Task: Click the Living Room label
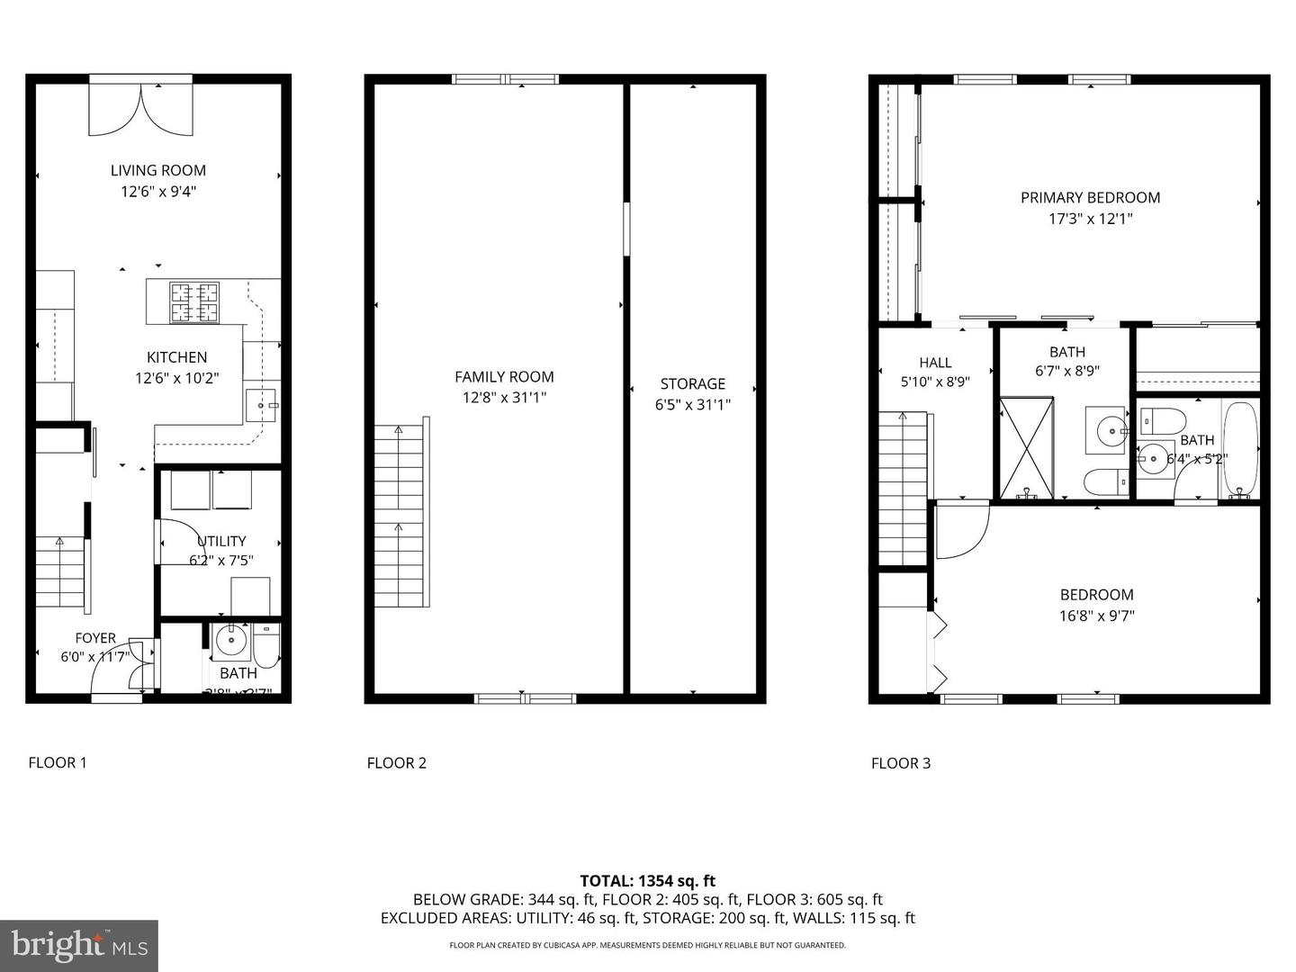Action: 158,170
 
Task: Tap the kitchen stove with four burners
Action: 195,302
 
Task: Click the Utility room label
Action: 221,541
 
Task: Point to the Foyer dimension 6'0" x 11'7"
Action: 94,657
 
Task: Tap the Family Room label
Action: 504,377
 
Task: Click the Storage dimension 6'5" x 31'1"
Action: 692,405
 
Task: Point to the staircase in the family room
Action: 400,514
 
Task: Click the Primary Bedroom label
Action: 1090,197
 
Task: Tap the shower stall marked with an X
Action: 1027,447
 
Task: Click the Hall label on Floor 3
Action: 935,363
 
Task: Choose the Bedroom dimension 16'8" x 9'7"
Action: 1096,616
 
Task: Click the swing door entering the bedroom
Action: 959,532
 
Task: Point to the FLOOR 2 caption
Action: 397,763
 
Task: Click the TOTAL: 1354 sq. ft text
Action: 647,881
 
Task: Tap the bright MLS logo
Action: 79,945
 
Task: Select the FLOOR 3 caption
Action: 901,763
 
